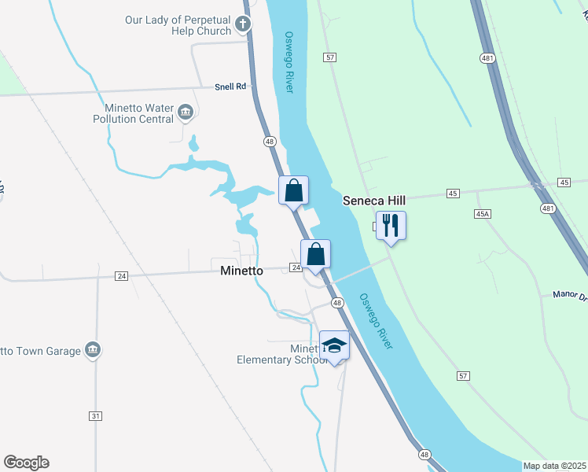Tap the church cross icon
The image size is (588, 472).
pos(243,24)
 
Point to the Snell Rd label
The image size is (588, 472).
pos(231,87)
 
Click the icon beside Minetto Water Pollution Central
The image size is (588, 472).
pos(186,113)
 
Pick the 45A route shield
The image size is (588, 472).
pos(483,213)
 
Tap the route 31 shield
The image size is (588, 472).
pos(96,415)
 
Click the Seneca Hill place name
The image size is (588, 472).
pos(373,201)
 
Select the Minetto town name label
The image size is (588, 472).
pos(241,270)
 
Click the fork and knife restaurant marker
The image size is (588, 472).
pos(390,227)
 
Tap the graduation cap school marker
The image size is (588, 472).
pos(334,346)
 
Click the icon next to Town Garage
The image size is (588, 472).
pos(93,350)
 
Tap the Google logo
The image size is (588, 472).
pos(26,463)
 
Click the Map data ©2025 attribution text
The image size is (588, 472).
pos(553,466)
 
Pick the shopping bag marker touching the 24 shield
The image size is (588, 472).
pos(315,255)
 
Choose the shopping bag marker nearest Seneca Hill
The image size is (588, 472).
pos(293,190)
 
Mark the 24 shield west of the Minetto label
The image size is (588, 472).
pos(121,276)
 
